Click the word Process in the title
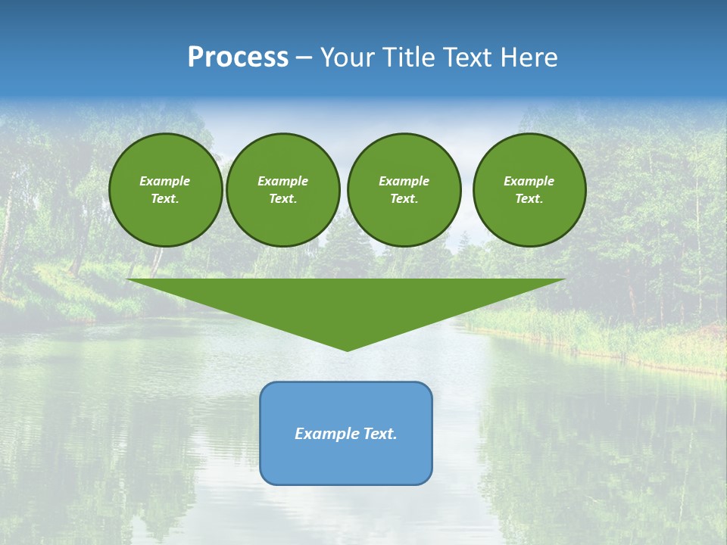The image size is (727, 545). click(x=238, y=58)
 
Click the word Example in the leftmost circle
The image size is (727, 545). click(x=165, y=181)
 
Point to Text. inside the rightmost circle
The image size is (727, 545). click(x=529, y=199)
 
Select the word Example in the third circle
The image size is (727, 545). click(x=404, y=181)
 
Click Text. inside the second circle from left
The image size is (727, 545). click(x=282, y=199)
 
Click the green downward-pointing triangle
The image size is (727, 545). click(x=346, y=303)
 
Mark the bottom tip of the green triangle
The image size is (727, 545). click(x=347, y=349)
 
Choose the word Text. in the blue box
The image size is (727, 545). click(x=381, y=434)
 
